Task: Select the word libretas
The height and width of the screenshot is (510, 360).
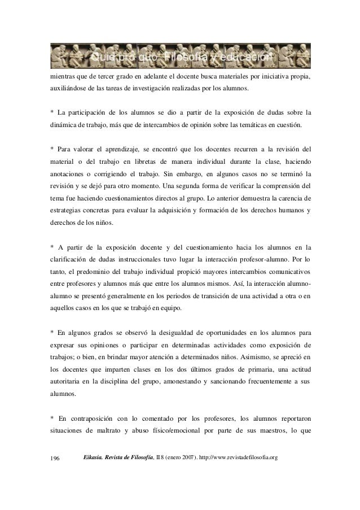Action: [152, 162]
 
